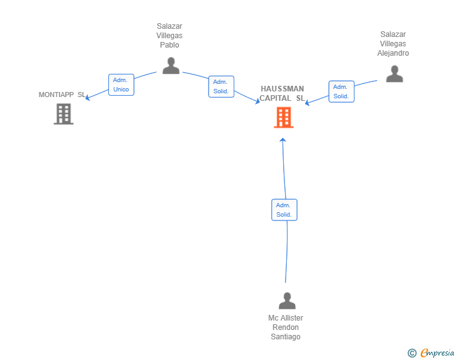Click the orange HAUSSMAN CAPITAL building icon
[x=284, y=118]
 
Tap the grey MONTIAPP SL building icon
[x=63, y=115]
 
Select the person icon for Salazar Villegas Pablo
[x=171, y=66]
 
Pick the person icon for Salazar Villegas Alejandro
[x=395, y=74]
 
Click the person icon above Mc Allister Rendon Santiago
[x=287, y=301]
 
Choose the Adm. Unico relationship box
[x=122, y=85]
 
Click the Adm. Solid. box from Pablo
[x=221, y=86]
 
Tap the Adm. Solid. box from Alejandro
[x=341, y=91]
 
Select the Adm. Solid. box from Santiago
[x=284, y=210]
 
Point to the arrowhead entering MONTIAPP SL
[x=87, y=98]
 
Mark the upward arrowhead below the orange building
[x=282, y=140]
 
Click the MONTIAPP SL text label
[x=62, y=95]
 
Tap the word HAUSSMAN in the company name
[x=282, y=89]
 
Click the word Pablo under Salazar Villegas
[x=170, y=45]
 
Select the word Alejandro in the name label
[x=393, y=53]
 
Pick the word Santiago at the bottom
[x=286, y=337]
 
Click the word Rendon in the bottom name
[x=286, y=327]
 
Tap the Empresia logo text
[x=437, y=352]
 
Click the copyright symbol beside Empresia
[x=412, y=353]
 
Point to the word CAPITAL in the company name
[x=275, y=98]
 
